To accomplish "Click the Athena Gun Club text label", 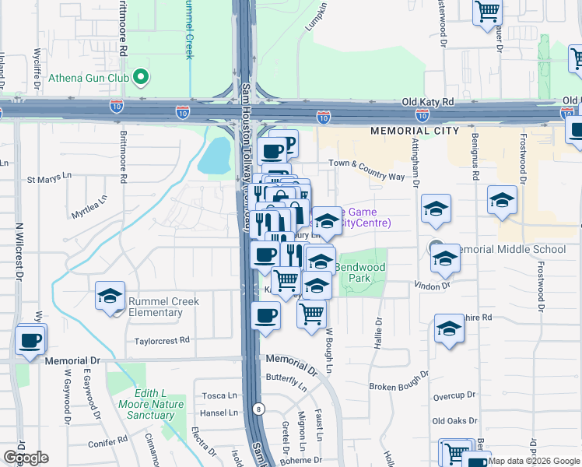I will [x=89, y=77].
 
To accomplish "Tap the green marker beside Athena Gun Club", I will [x=141, y=76].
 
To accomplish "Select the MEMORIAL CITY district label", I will [x=414, y=131].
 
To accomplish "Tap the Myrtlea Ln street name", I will [x=88, y=205].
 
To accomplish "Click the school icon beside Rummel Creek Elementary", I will [x=110, y=297].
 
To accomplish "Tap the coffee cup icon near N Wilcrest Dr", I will [x=30, y=339].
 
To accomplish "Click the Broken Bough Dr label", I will [x=399, y=387].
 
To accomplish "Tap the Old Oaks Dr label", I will [x=454, y=421].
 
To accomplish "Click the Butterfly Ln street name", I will [x=286, y=380].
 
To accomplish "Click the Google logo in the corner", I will [x=26, y=458].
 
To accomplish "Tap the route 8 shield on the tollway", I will [x=258, y=408].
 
